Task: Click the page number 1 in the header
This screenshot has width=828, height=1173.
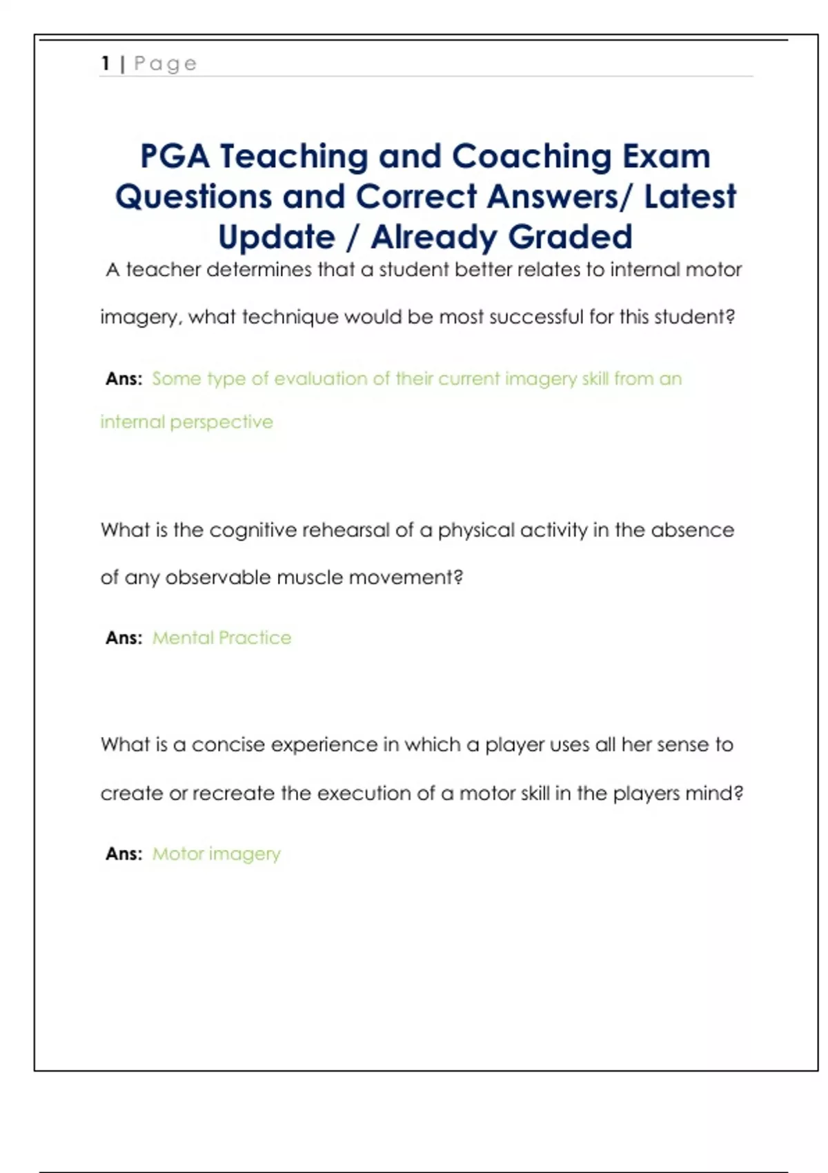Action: [105, 63]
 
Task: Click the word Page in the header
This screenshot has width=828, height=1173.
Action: [166, 64]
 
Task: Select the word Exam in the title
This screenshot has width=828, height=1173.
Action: [667, 156]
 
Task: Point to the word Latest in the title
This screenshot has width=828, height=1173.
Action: [690, 197]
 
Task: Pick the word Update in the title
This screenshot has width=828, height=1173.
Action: [277, 237]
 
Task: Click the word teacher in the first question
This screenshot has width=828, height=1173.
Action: [163, 270]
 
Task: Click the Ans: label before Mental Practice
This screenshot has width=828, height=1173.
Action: [124, 638]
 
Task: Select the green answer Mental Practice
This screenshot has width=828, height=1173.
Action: [221, 638]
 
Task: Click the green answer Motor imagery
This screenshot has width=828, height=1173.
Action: [217, 854]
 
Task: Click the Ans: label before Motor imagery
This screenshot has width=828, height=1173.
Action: [124, 854]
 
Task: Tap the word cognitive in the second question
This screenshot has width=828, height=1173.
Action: [253, 531]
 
